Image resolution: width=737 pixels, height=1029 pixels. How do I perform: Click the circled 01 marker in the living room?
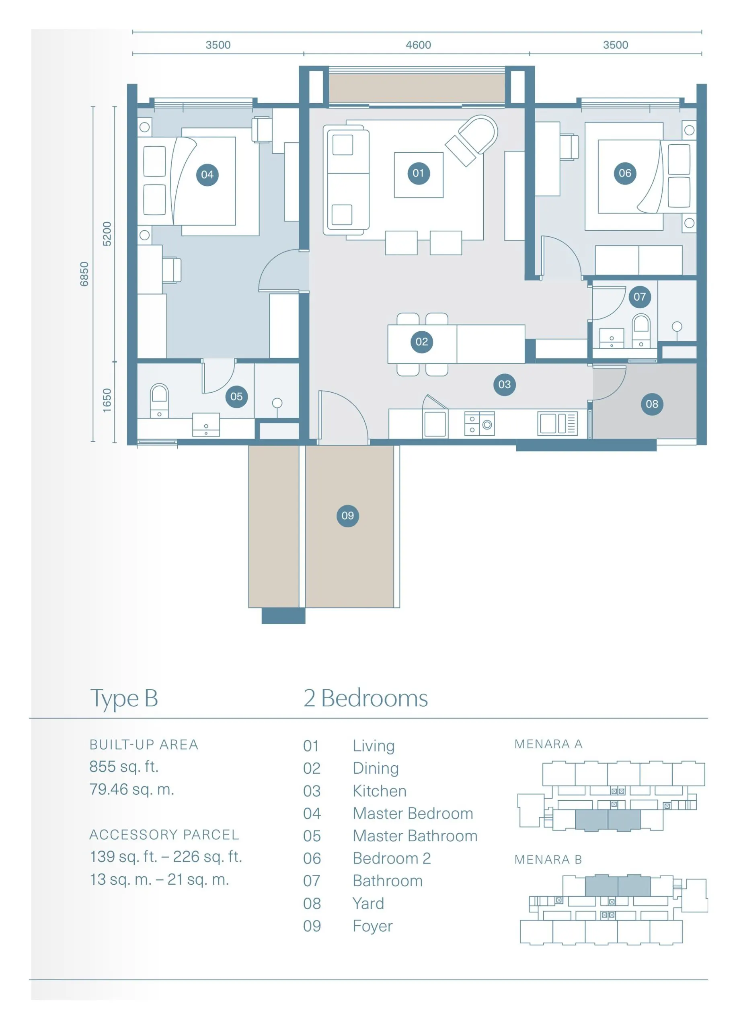418,173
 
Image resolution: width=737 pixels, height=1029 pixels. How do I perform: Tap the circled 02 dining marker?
422,342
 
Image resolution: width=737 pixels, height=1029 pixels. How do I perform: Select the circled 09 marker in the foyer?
348,515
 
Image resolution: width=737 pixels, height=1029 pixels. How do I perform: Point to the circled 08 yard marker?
652,404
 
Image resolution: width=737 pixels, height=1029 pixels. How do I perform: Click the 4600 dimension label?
418,45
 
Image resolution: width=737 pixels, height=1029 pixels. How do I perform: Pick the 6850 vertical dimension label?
84,274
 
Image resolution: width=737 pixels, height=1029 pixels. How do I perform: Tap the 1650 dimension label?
107,400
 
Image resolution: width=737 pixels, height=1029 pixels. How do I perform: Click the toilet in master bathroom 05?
159,401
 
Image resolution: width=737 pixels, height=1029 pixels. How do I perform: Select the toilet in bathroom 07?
641,331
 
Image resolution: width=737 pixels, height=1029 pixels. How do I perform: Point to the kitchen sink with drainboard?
557,424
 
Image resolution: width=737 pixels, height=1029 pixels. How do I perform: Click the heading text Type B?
124,699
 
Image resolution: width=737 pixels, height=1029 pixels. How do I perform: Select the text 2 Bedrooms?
365,698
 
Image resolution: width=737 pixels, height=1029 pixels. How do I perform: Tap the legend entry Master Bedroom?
413,814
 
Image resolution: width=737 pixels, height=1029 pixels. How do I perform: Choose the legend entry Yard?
368,903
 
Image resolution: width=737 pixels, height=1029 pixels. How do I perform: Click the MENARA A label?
548,744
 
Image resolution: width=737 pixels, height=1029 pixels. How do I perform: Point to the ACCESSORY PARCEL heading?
164,835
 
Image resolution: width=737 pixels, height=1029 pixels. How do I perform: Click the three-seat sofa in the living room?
346,180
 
